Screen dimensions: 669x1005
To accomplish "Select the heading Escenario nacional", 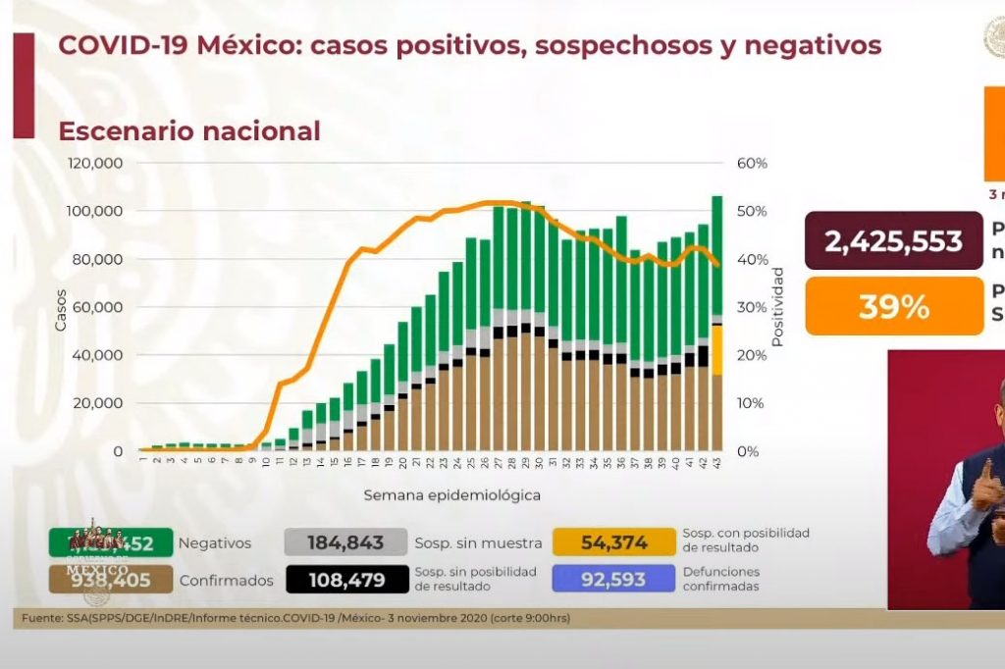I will (x=189, y=130).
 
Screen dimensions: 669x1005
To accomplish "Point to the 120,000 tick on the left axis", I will (x=95, y=163).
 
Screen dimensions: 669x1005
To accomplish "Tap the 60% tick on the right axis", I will (x=752, y=163).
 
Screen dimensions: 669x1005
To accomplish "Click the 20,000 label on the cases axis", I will (x=99, y=403).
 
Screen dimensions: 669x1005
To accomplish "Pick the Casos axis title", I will (x=61, y=308).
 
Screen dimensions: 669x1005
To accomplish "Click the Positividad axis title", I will (x=777, y=306).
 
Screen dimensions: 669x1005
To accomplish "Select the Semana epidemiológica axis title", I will (x=451, y=495).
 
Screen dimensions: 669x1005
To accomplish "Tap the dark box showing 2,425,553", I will (x=893, y=241).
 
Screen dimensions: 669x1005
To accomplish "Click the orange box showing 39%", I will (x=893, y=307).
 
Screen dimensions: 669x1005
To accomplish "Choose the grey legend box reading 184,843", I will (x=345, y=542).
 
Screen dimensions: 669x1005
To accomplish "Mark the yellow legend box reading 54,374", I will (x=613, y=542).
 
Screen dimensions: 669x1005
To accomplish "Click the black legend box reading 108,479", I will (x=345, y=580).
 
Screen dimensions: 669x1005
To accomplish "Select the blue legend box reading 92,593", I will (x=613, y=580).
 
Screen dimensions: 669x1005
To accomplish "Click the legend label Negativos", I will (x=215, y=542).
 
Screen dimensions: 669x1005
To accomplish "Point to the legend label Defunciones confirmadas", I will (x=722, y=579).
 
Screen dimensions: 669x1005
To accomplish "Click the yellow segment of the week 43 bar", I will (x=717, y=350).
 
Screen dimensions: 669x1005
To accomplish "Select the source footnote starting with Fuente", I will (x=295, y=619).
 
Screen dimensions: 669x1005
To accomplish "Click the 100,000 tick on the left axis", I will (x=95, y=211).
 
